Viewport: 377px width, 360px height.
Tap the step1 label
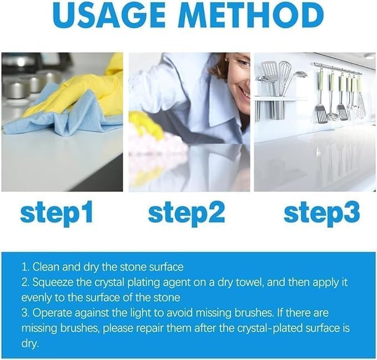pos(57,213)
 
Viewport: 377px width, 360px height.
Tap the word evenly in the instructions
pos(36,297)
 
